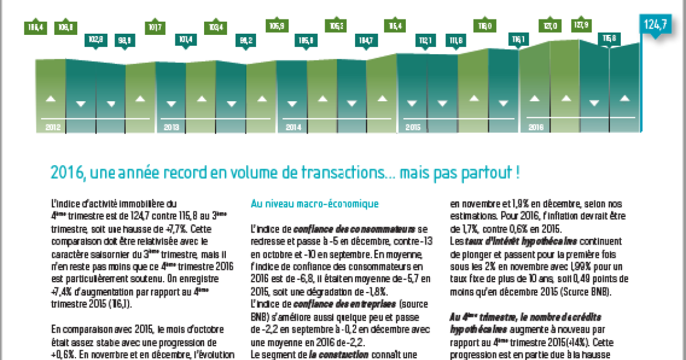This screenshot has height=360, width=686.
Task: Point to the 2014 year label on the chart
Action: coord(293,127)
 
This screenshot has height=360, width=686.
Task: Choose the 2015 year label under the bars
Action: coord(413,127)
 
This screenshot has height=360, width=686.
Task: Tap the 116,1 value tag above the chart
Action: coord(518,39)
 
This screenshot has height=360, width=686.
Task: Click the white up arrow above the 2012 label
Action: coord(51,99)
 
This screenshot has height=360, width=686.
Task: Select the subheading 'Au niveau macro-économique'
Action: coord(314,203)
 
